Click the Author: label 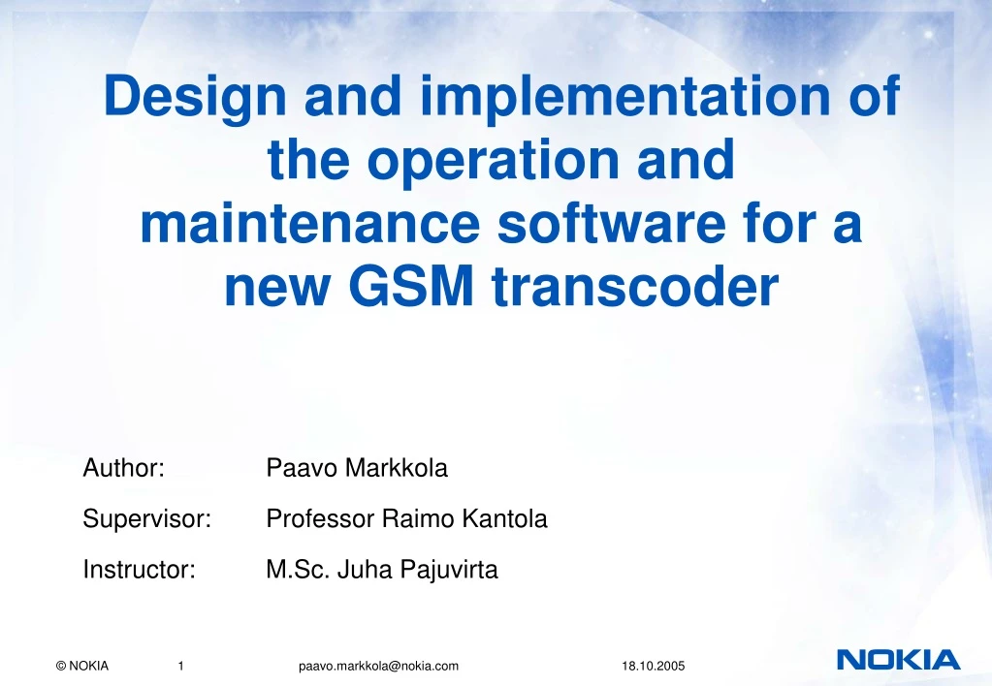pyautogui.click(x=122, y=469)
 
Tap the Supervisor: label pyautogui.click(x=146, y=519)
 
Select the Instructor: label pyautogui.click(x=140, y=570)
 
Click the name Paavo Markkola pyautogui.click(x=357, y=469)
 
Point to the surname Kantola pyautogui.click(x=504, y=519)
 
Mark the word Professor pyautogui.click(x=319, y=519)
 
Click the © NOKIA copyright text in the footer pyautogui.click(x=82, y=665)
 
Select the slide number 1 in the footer pyautogui.click(x=181, y=665)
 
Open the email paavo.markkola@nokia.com pyautogui.click(x=378, y=665)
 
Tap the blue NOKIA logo pyautogui.click(x=898, y=661)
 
